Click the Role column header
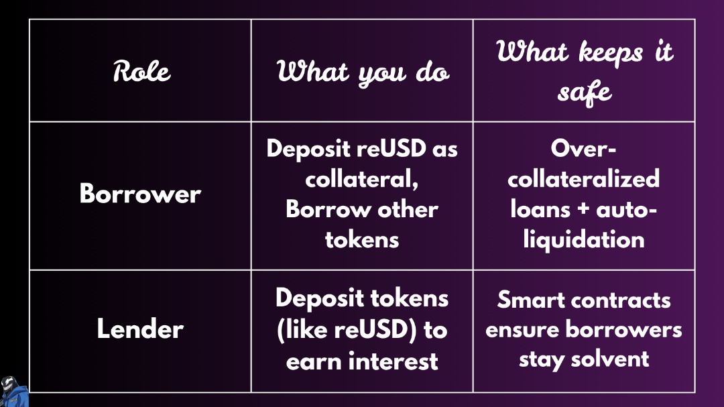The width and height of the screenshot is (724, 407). tap(141, 71)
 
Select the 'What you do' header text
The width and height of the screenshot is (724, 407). tap(363, 72)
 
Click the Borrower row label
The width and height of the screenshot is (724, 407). tap(140, 194)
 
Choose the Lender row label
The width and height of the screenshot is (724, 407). tap(140, 329)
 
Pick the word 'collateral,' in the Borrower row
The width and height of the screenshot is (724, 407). tap(362, 179)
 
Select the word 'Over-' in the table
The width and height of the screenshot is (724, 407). tap(584, 149)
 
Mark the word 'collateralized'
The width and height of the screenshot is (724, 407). tap(584, 179)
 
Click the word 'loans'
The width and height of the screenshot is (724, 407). tap(540, 209)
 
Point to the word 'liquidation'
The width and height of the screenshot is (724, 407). tap(584, 239)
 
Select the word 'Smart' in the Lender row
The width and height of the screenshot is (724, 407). tap(528, 300)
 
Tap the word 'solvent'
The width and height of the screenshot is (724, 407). tap(610, 359)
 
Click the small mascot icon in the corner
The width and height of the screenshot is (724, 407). tap(14, 391)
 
